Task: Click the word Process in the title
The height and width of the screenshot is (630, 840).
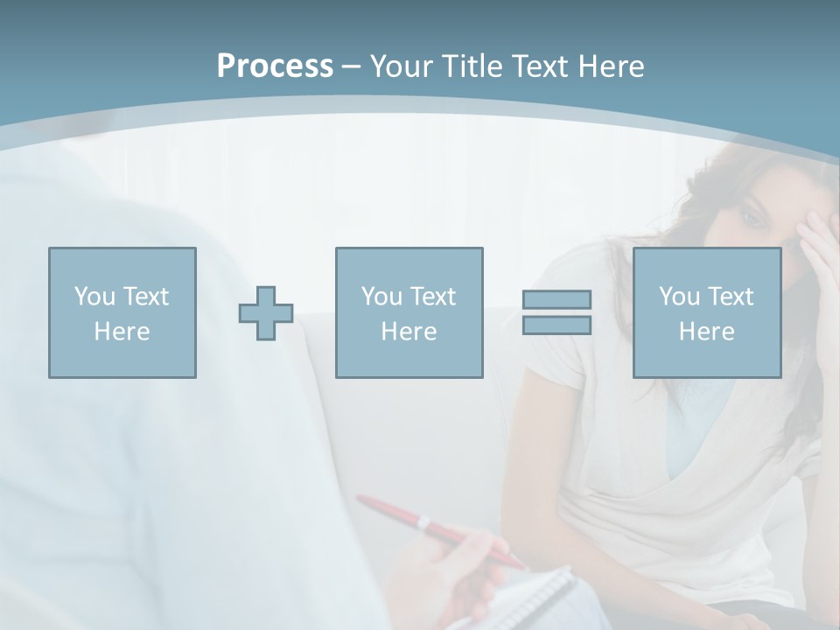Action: pyautogui.click(x=275, y=66)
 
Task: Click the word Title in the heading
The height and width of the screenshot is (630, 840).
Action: pyautogui.click(x=472, y=66)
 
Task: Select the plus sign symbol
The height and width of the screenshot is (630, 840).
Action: pyautogui.click(x=266, y=312)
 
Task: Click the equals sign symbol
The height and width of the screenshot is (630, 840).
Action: pyautogui.click(x=556, y=312)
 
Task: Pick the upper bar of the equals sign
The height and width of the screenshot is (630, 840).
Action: pyautogui.click(x=556, y=300)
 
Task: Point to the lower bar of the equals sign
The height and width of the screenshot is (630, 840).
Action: pyautogui.click(x=556, y=325)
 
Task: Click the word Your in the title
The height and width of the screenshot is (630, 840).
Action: pyautogui.click(x=401, y=66)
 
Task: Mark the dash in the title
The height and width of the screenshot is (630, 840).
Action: pyautogui.click(x=351, y=66)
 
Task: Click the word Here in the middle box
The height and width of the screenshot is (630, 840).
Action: pyautogui.click(x=409, y=332)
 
